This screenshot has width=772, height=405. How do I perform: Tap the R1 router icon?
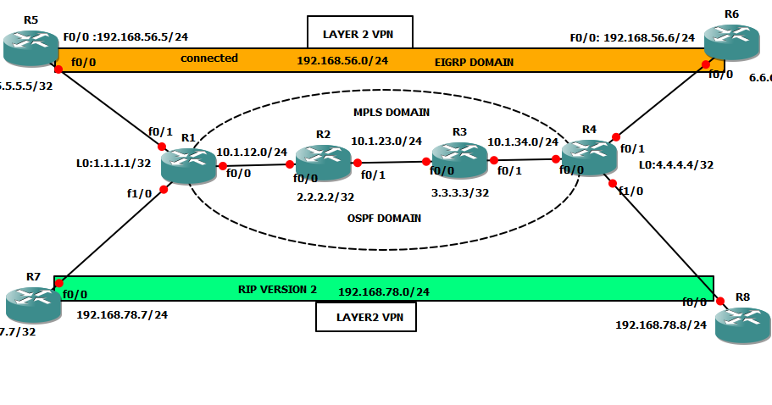pyautogui.click(x=190, y=164)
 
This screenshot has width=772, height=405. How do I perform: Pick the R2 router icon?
pyautogui.click(x=323, y=162)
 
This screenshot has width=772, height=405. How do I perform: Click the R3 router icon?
pyautogui.click(x=459, y=159)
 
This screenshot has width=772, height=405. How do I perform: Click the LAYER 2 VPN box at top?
pyautogui.click(x=360, y=35)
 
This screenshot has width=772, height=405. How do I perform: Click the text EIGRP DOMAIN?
pyautogui.click(x=474, y=62)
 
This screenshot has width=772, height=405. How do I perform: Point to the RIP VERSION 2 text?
pyautogui.click(x=276, y=289)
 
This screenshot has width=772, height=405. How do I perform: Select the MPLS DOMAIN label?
pyautogui.click(x=392, y=112)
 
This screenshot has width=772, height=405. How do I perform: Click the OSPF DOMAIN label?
pyautogui.click(x=384, y=218)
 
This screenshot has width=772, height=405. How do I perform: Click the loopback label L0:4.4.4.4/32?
pyautogui.click(x=676, y=165)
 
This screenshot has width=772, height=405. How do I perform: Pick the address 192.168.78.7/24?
pyautogui.click(x=122, y=314)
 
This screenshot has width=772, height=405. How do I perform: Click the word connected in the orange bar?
pyautogui.click(x=209, y=58)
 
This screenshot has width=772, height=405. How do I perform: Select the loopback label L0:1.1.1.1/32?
pyautogui.click(x=113, y=163)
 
